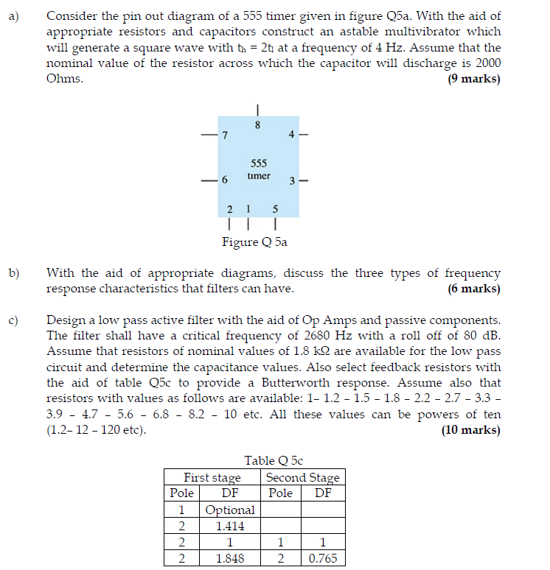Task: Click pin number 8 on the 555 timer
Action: (x=257, y=125)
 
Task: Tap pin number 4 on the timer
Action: (x=292, y=135)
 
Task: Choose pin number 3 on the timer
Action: (x=292, y=180)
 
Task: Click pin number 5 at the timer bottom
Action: (x=275, y=208)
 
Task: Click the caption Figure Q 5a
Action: (x=256, y=242)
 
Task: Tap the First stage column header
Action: (x=212, y=477)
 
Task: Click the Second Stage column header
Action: (x=302, y=477)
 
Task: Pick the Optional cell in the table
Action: (x=230, y=510)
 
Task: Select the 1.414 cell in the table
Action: (x=230, y=526)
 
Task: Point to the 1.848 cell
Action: (x=230, y=558)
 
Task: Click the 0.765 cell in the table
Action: (x=323, y=558)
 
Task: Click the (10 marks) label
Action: (x=470, y=430)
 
